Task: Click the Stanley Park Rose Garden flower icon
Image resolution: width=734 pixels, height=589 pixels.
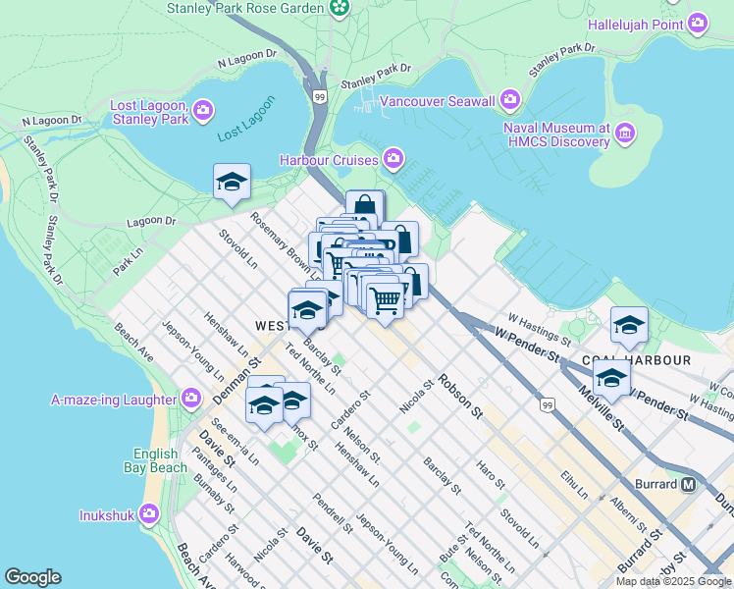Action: point(340,8)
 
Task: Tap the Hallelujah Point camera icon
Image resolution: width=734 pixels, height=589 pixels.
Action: point(698,23)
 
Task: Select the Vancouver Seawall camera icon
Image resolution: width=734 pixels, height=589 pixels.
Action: point(510,100)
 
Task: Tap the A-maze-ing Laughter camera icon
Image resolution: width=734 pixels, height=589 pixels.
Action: point(191,399)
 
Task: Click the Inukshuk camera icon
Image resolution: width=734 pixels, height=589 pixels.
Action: point(149,513)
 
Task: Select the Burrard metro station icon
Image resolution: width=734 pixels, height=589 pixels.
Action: point(689,484)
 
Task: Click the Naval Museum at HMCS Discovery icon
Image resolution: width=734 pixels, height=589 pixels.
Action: point(624,134)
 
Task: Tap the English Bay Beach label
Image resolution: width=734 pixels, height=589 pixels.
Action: point(156,460)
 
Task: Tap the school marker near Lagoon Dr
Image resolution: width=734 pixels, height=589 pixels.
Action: point(232,182)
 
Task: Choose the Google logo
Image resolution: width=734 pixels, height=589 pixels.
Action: point(32,577)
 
